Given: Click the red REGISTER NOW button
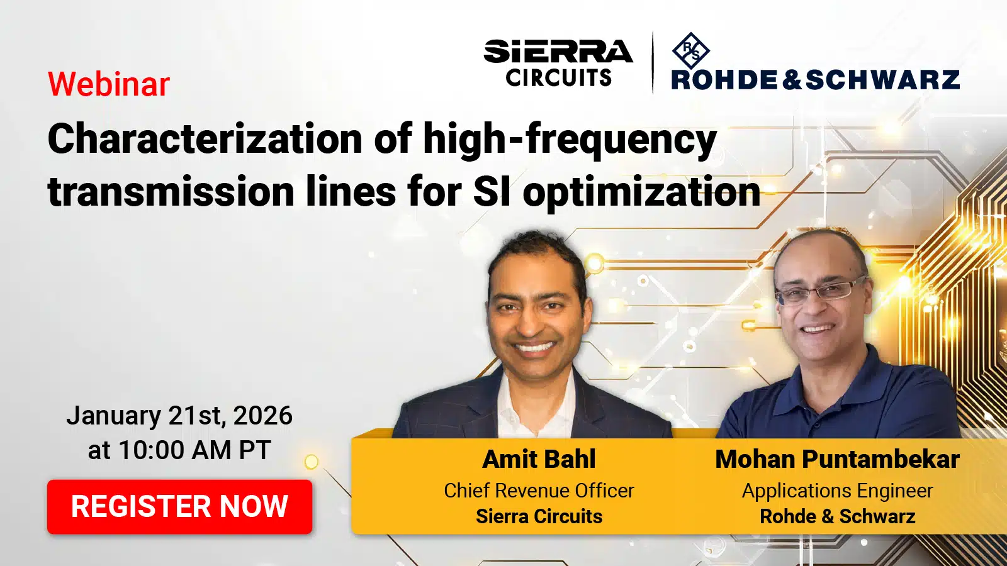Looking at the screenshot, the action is (x=179, y=507).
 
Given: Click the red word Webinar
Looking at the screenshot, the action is (x=109, y=84).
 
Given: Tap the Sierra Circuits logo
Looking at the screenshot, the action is (x=558, y=62).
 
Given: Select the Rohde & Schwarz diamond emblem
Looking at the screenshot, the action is (x=690, y=51).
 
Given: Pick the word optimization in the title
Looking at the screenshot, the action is (x=641, y=193).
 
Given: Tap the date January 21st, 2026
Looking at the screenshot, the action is (x=179, y=416).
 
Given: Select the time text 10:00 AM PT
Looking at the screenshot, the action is (x=194, y=450).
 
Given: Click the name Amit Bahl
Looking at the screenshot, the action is (x=539, y=459).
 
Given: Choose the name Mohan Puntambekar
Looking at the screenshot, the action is (x=837, y=459).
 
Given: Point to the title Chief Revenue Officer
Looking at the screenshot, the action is (x=539, y=491).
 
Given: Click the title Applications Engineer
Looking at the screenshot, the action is (x=837, y=491).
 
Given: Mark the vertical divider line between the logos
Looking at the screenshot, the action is (x=653, y=62).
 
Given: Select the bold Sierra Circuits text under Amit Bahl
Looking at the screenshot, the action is (x=539, y=516).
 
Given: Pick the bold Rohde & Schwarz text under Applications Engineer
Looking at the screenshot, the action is (x=837, y=516).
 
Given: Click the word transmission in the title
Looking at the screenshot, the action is (x=171, y=192).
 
